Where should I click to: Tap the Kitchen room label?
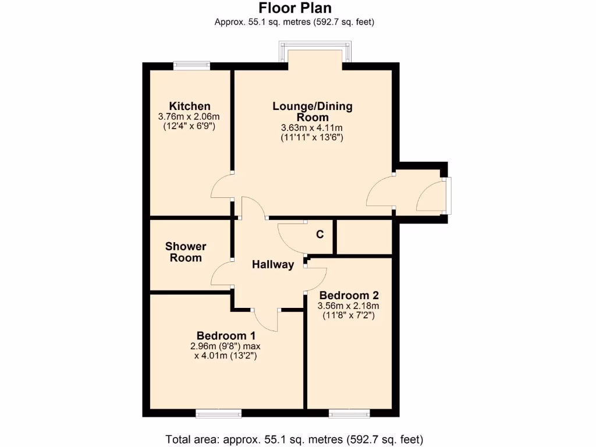tap(190, 106)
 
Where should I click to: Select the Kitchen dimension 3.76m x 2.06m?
tap(190, 116)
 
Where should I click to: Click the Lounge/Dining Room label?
tap(313, 112)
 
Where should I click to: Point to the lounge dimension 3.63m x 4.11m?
tap(312, 128)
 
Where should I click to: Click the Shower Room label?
tap(186, 252)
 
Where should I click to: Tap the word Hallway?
tap(273, 265)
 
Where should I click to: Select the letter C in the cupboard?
tap(320, 235)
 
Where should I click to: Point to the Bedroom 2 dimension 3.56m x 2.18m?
tap(348, 306)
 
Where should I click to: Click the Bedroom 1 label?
tap(226, 336)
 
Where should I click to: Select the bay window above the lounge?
tap(315, 52)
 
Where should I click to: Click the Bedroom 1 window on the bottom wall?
tap(219, 413)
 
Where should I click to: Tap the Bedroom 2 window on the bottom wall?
tap(349, 413)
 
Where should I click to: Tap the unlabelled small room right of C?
tap(364, 237)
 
